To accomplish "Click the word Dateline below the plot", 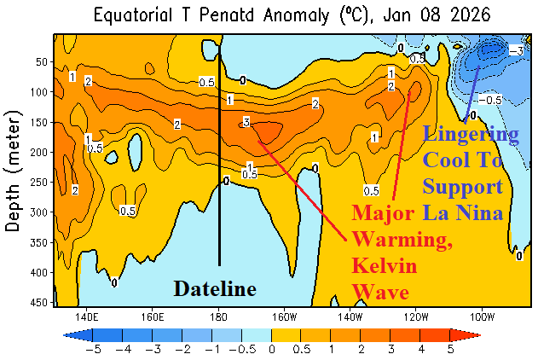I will click(215, 289).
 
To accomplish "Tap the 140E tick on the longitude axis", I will click(85, 314).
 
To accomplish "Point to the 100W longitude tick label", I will click(482, 314).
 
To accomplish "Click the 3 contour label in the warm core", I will click(246, 123).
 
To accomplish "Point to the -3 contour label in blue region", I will click(515, 51).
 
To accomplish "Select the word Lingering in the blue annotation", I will click(471, 135).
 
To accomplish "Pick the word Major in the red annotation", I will click(383, 211).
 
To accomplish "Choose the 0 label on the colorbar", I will click(272, 347).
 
